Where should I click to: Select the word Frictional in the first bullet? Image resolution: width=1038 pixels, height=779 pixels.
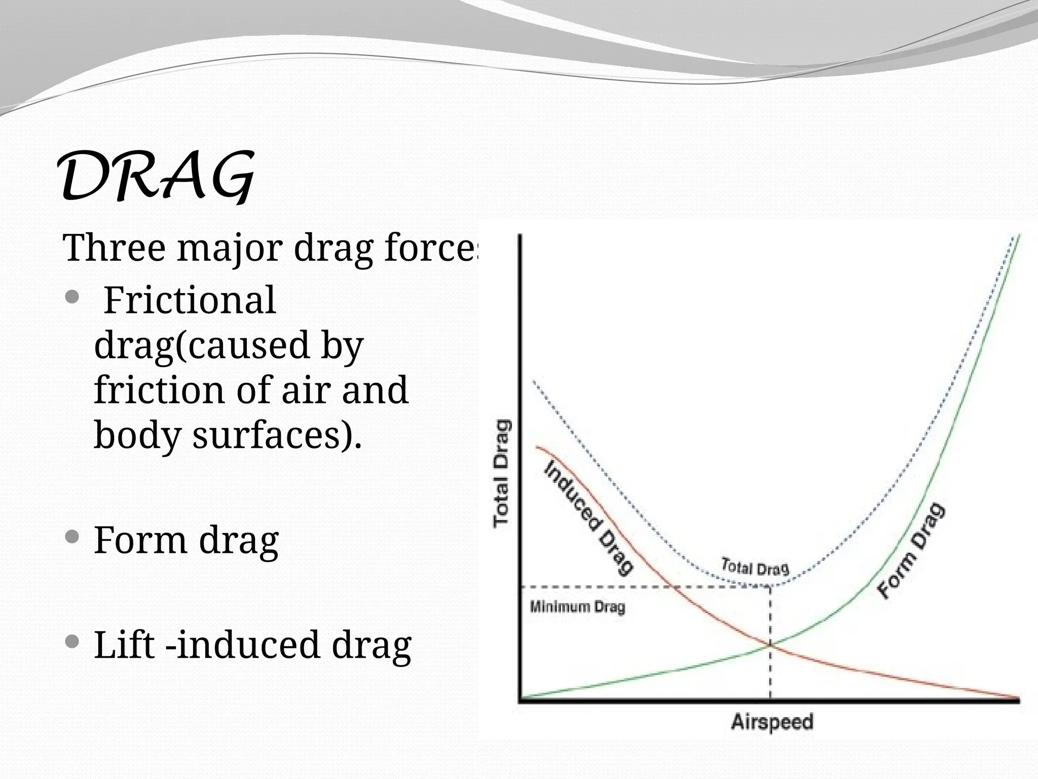point(190,300)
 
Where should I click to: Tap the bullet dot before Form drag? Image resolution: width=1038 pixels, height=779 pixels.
point(72,536)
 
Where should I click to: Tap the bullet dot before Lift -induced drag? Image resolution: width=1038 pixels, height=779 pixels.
point(72,643)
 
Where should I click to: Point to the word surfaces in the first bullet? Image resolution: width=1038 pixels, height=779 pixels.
point(264,435)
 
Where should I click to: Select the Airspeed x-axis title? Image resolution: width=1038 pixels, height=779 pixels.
point(771,721)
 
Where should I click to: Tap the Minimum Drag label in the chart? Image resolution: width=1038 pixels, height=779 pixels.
point(577,607)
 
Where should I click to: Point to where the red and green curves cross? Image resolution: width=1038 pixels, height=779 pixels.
point(770,645)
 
